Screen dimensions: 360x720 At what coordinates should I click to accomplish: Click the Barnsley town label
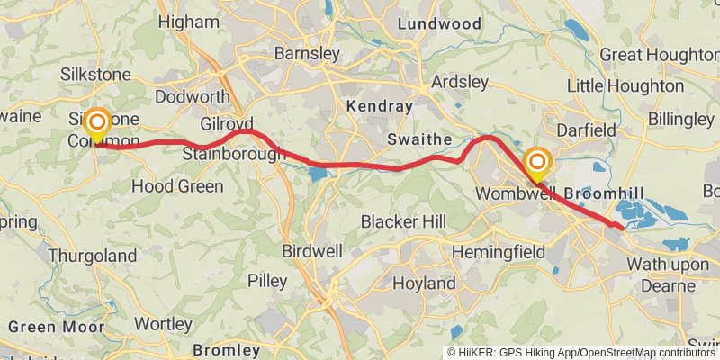point(308,54)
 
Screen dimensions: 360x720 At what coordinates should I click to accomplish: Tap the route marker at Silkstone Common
point(96,122)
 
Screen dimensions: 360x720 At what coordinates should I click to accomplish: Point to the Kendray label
point(379,107)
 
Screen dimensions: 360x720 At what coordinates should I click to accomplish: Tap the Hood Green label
point(177,186)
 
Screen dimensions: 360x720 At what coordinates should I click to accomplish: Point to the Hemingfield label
point(498,252)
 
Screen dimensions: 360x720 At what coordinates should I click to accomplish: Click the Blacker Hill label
point(403,221)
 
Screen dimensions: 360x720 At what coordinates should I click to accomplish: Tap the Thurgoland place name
point(91,256)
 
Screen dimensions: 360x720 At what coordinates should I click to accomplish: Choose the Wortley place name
point(163,323)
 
